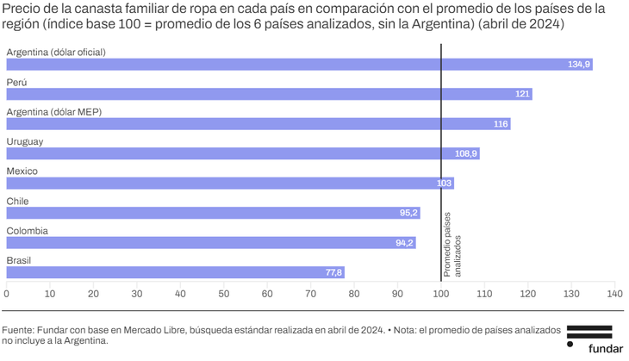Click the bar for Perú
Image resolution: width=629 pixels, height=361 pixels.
click(x=269, y=94)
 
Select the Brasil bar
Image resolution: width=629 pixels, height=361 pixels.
click(x=175, y=272)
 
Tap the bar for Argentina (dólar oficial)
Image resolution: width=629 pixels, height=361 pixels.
click(x=299, y=65)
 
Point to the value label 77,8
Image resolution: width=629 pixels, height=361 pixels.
click(x=333, y=272)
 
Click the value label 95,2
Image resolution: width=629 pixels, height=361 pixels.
click(x=408, y=213)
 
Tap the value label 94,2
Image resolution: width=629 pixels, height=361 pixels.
click(x=404, y=243)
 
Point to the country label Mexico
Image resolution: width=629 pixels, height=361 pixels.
click(x=22, y=171)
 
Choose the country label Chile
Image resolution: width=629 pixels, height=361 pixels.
click(x=17, y=201)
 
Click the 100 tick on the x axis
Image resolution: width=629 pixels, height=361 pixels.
click(x=441, y=294)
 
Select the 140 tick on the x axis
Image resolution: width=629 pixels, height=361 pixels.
click(x=614, y=294)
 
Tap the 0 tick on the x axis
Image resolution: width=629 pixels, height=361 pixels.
click(x=7, y=294)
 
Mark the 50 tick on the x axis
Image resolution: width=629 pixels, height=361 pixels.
click(x=224, y=294)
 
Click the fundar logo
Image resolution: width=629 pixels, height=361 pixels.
click(x=589, y=339)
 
